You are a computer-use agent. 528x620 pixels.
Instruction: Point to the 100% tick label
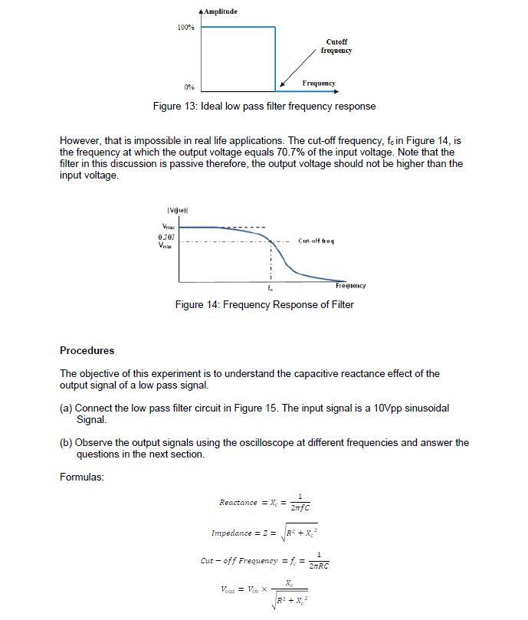(x=185, y=28)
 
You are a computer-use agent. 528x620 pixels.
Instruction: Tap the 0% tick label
(x=188, y=87)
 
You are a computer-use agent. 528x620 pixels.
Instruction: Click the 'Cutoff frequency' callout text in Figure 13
(x=336, y=46)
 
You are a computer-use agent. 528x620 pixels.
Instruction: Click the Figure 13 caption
(x=264, y=107)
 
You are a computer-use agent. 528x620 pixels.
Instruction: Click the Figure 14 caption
(x=264, y=304)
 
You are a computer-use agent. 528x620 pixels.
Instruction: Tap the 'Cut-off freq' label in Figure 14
(x=315, y=241)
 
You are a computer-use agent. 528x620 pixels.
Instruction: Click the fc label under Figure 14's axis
(x=270, y=289)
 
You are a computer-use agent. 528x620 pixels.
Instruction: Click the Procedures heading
(x=87, y=350)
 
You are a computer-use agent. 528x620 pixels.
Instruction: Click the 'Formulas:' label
(x=81, y=477)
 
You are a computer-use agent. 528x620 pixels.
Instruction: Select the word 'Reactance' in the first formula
(x=238, y=503)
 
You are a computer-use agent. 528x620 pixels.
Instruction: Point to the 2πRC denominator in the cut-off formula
(x=318, y=566)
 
